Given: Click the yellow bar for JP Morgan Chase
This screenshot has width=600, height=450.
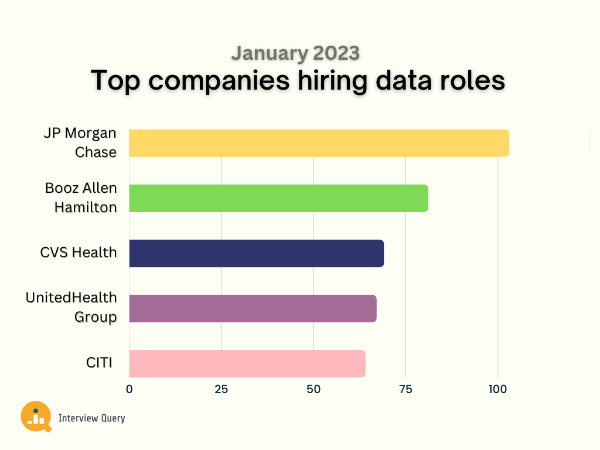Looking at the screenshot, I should pyautogui.click(x=319, y=143).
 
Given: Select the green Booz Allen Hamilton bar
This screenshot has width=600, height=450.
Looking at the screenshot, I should pyautogui.click(x=278, y=198).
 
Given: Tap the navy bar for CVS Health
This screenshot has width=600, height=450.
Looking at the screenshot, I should pyautogui.click(x=256, y=253).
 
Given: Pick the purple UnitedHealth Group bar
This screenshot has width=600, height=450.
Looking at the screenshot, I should pyautogui.click(x=253, y=308).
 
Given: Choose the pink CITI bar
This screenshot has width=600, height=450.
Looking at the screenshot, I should pyautogui.click(x=247, y=363).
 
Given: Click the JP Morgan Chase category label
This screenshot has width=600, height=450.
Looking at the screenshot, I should pyautogui.click(x=80, y=142).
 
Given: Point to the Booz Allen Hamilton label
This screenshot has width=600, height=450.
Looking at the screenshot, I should pyautogui.click(x=81, y=197).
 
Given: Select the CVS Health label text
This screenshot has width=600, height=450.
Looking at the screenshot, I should pyautogui.click(x=79, y=253).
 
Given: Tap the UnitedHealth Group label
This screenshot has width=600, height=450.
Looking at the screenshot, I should pyautogui.click(x=71, y=307).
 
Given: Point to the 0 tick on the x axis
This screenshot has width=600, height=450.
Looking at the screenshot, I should pyautogui.click(x=129, y=388).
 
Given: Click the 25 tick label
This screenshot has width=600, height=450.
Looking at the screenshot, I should pyautogui.click(x=221, y=388).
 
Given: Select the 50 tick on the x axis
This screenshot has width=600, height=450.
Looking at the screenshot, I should pyautogui.click(x=313, y=388).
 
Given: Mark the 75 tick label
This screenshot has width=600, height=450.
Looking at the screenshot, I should pyautogui.click(x=405, y=388).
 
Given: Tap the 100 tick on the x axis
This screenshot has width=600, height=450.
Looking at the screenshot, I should pyautogui.click(x=497, y=388).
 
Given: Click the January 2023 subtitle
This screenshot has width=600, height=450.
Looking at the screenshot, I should pyautogui.click(x=295, y=53).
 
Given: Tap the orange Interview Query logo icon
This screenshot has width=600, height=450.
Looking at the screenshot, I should pyautogui.click(x=36, y=416).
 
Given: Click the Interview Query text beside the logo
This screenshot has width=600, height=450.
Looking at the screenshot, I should pyautogui.click(x=91, y=418).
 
